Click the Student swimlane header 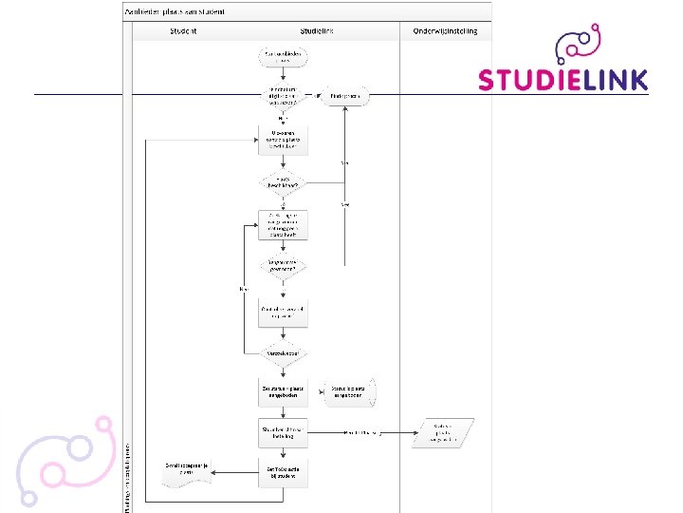(183, 31)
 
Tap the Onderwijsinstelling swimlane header (445, 31)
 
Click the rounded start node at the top (283, 59)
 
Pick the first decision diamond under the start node (283, 96)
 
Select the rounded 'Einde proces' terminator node (344, 96)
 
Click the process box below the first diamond (283, 140)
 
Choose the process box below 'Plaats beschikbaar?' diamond (283, 223)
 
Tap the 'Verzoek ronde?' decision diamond (283, 352)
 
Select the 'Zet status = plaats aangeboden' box (283, 389)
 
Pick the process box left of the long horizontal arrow (283, 431)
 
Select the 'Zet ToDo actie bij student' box (283, 471)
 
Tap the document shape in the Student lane (185, 472)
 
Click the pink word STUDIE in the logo (526, 79)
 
